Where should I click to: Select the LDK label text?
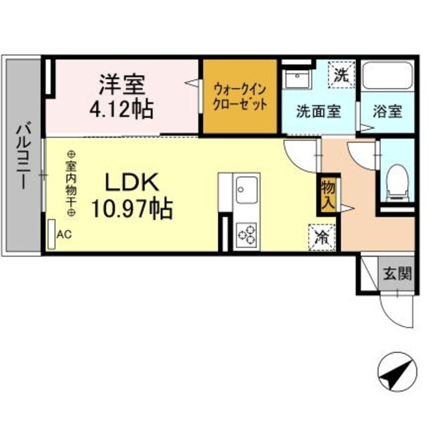[132, 183]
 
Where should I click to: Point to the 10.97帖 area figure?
[132, 208]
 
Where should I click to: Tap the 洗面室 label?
[318, 112]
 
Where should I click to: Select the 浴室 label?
[388, 111]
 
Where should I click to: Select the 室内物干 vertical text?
[71, 184]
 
